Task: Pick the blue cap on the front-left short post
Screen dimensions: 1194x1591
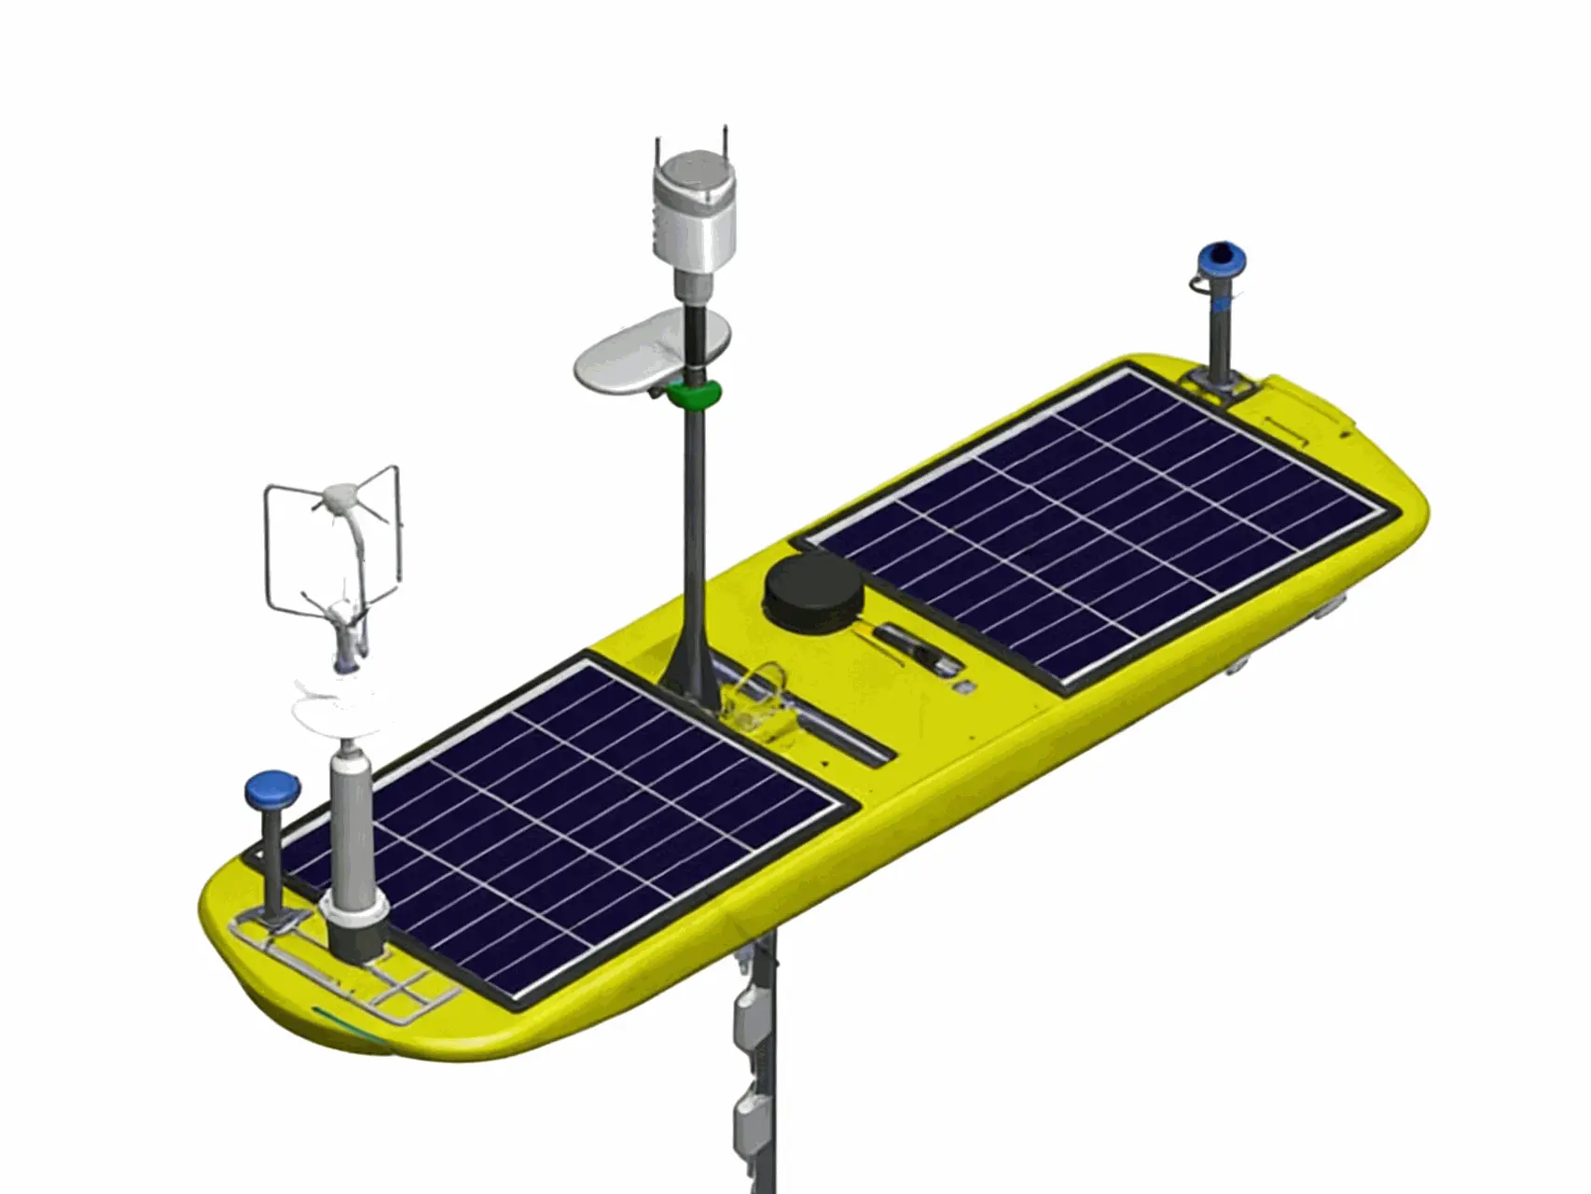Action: pos(270,789)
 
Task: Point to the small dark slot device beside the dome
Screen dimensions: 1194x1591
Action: pos(919,647)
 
